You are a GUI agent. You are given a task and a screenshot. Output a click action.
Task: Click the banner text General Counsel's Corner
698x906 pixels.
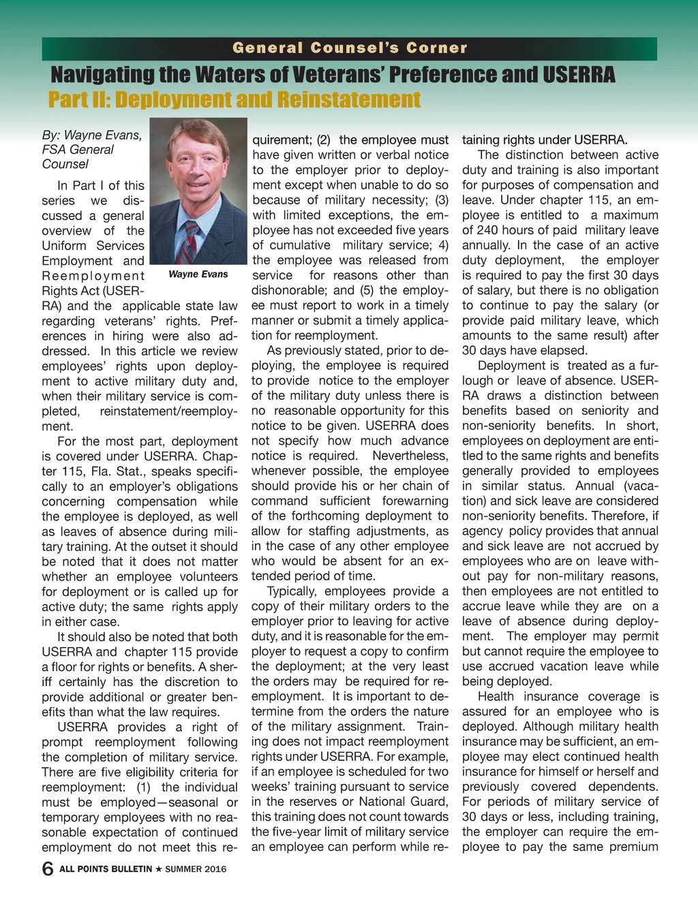(x=350, y=48)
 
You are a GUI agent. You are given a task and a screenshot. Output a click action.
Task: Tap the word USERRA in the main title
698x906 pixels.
(x=578, y=74)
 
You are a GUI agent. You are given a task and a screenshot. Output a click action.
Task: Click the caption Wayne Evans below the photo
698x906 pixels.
(x=198, y=275)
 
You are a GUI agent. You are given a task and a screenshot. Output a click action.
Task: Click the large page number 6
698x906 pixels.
(x=47, y=869)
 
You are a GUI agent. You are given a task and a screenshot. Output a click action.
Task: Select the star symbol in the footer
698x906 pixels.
(x=158, y=869)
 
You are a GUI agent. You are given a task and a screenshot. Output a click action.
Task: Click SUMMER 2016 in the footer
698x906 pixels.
(x=196, y=869)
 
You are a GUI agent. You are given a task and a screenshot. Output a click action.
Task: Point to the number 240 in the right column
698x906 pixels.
(x=487, y=230)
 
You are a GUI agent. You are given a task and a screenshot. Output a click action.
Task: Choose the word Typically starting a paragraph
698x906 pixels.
(x=293, y=591)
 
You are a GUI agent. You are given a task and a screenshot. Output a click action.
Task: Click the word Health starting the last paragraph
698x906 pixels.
(x=496, y=696)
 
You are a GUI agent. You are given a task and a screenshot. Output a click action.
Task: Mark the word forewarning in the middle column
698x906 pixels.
(x=415, y=501)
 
